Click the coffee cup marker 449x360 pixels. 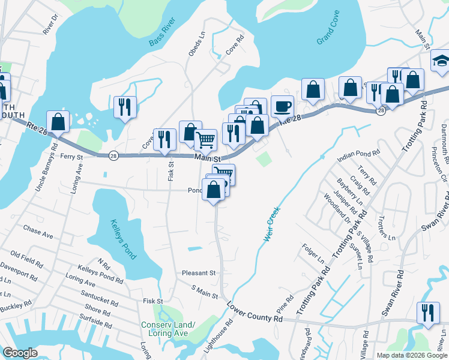click(x=282, y=107)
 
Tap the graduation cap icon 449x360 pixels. click(x=441, y=61)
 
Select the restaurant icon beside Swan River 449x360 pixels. click(x=428, y=313)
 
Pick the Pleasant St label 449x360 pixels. click(x=199, y=272)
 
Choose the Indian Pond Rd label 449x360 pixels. click(x=359, y=154)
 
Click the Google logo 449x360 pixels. click(x=20, y=353)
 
